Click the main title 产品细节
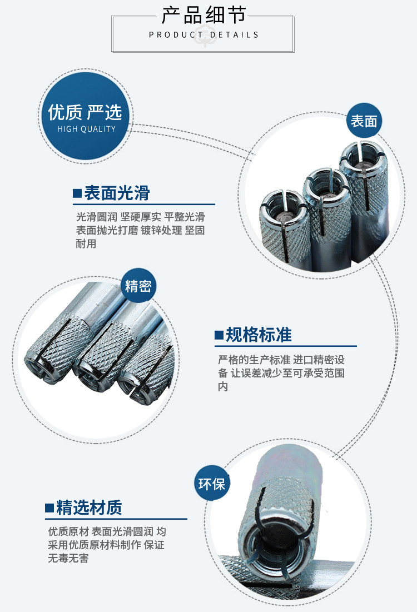coord(203,15)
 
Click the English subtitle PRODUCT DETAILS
coord(203,34)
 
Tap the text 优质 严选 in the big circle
coord(85,112)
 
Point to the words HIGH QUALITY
coord(86,129)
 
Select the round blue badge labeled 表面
coord(364,121)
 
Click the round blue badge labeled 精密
coord(138,286)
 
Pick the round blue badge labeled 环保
coord(212,483)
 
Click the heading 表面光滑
coord(117,193)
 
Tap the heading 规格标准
coord(259,335)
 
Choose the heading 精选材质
coord(90,507)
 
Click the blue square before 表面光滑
coord(77,193)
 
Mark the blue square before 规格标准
coord(219,335)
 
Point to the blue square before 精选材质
coord(49,508)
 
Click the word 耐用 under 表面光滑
coord(86,243)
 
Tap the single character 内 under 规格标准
coord(223,386)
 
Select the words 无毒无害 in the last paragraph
coord(68,558)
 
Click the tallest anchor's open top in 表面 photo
coord(363,155)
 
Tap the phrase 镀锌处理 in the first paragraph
coord(161,230)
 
